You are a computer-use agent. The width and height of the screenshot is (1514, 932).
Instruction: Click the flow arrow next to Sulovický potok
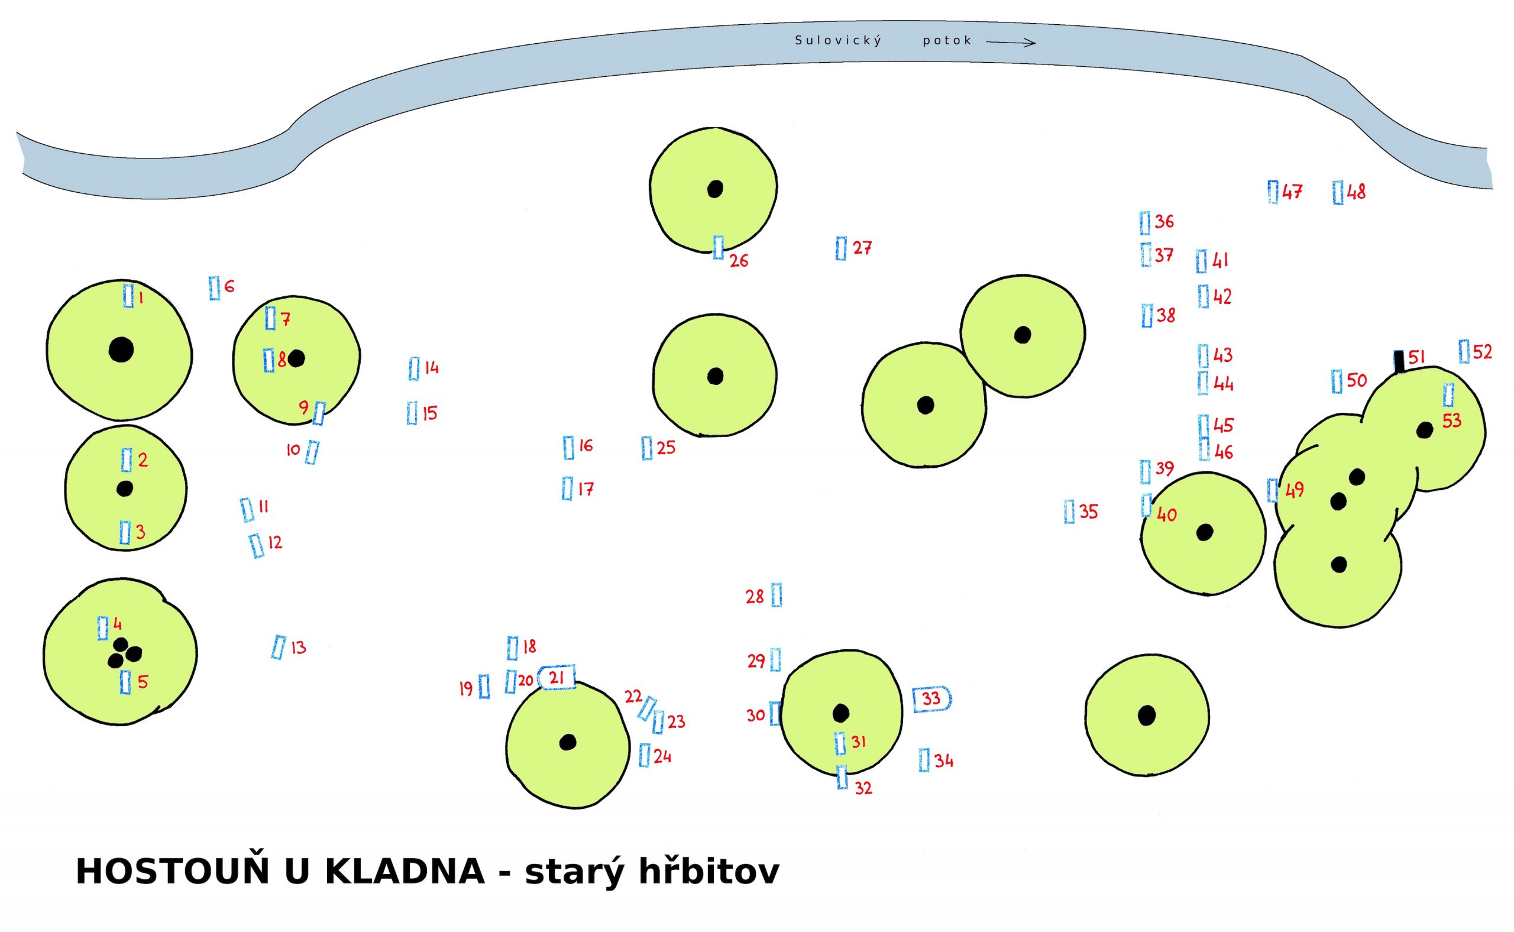[x=1010, y=42]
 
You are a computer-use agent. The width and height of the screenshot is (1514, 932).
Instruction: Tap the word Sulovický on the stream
[x=838, y=41]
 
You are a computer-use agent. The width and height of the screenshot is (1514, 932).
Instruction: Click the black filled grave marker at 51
[x=1399, y=361]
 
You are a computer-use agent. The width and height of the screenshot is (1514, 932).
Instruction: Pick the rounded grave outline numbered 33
[x=931, y=699]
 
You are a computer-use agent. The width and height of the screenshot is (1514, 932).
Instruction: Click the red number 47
[x=1292, y=192]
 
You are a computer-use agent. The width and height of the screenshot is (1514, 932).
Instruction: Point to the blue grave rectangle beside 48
[x=1338, y=192]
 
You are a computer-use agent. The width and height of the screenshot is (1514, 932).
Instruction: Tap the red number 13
[x=298, y=648]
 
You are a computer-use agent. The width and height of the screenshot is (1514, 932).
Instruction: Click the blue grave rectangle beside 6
[x=215, y=288]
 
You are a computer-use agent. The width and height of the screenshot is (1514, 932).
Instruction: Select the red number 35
[x=1089, y=512]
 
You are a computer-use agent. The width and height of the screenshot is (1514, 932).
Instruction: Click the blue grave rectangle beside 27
[x=841, y=248]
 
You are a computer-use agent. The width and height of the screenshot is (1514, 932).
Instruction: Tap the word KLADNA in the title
[x=404, y=872]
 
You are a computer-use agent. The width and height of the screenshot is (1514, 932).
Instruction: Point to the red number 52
[x=1483, y=352]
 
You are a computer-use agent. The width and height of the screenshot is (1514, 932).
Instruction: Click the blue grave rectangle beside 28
[x=777, y=595]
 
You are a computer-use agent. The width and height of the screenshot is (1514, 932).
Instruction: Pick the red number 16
[x=585, y=446]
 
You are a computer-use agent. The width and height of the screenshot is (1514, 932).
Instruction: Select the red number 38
[x=1166, y=316]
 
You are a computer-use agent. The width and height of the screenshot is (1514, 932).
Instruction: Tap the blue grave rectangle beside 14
[x=413, y=368]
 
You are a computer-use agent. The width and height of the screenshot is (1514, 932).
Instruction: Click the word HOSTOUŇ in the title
[x=173, y=872]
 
